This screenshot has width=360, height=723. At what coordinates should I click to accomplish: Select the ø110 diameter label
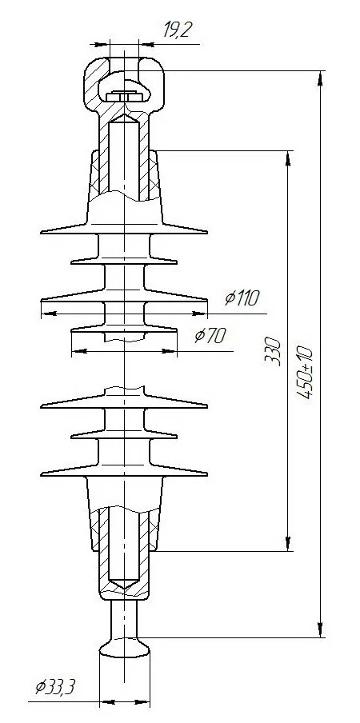242,298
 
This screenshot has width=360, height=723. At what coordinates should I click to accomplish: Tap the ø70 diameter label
210,336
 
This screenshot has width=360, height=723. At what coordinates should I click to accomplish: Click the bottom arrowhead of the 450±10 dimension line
321,631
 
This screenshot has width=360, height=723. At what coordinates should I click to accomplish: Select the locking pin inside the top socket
124,97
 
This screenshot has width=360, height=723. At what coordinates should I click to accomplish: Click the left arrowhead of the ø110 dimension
46,313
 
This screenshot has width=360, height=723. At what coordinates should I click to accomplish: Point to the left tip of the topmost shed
41,234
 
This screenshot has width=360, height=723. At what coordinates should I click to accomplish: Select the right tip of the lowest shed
207,473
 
